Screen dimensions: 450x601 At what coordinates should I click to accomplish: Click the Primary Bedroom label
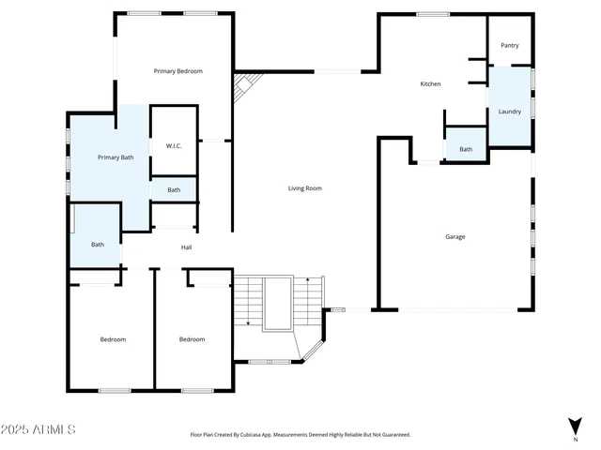click(178, 71)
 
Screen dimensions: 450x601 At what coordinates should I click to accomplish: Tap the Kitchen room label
click(430, 84)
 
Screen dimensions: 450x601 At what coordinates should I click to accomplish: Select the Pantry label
click(510, 45)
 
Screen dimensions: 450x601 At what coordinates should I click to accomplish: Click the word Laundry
click(510, 112)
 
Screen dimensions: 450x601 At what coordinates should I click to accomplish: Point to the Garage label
click(455, 236)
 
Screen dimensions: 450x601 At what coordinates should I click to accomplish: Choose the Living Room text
click(304, 188)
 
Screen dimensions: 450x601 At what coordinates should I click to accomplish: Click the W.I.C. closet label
click(174, 145)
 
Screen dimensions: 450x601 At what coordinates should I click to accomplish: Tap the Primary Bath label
click(116, 157)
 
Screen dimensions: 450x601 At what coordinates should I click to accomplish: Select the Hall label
click(186, 247)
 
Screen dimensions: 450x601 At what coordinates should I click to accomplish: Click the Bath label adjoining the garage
click(466, 150)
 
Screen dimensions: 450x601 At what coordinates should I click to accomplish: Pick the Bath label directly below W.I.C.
click(174, 190)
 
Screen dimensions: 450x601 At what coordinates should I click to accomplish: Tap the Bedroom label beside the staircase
click(192, 339)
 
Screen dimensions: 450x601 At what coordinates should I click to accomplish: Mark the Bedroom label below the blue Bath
click(113, 339)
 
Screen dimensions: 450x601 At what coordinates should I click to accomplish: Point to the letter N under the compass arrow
click(575, 439)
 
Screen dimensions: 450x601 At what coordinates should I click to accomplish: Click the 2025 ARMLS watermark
click(39, 429)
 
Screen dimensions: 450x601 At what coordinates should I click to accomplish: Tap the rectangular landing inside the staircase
click(279, 303)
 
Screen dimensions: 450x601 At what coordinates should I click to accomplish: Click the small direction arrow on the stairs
click(247, 322)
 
